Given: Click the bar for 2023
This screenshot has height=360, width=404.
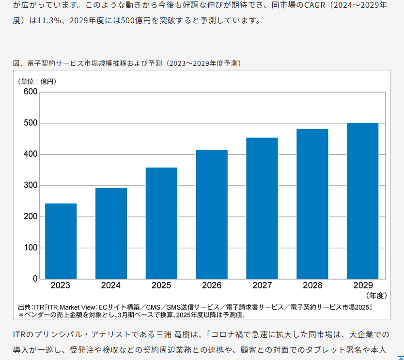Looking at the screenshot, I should pos(61,241).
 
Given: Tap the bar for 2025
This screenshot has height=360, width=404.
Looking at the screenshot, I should pos(161,223).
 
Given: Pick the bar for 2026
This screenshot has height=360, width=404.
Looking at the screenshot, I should pos(212,214).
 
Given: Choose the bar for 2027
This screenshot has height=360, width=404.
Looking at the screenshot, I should pos(262,208).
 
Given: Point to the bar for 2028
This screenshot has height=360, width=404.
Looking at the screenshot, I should pos(312,204).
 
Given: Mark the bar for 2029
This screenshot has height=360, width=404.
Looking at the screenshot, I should pos(362,201).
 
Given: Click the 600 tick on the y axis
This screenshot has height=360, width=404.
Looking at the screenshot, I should pos(31,92).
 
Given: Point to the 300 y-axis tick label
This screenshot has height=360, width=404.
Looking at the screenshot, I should pos(31,186).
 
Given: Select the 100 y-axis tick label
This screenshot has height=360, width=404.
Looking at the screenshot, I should pos(31,248).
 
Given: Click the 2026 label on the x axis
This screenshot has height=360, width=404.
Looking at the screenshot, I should pos(212,285).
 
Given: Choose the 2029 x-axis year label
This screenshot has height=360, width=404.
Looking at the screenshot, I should pos(362,285).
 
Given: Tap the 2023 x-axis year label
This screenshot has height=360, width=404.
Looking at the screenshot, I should pos(61,285).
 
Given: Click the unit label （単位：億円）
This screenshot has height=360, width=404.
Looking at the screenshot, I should pos(37,81).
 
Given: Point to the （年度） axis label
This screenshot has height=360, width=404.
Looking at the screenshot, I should pos(375,295).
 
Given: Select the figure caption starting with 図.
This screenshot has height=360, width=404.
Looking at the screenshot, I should pos(127,63).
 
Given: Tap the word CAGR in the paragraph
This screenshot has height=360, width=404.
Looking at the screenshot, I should pos(310,6).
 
